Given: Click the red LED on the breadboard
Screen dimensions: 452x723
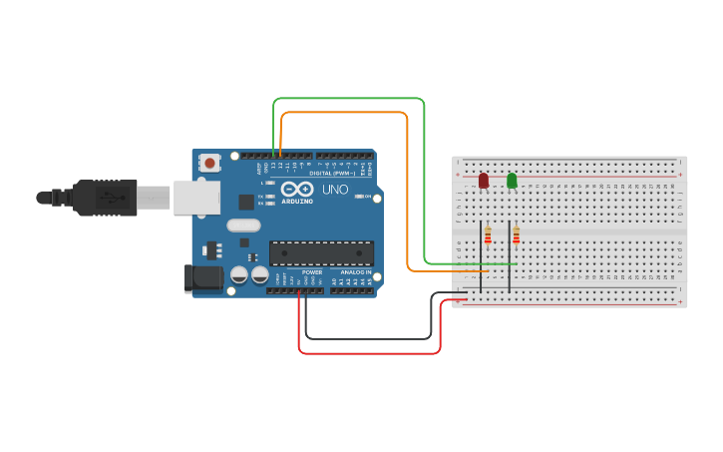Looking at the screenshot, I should pos(484,181).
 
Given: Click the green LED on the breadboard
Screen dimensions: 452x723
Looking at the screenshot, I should pos(512,181).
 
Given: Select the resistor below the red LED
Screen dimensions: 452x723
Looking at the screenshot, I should pos(488,235).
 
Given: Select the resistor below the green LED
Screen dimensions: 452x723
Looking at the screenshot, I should pos(516,235).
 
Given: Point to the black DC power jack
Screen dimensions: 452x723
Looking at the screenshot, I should pos(202,278).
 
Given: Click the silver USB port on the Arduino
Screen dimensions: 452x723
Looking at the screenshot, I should pos(195,198).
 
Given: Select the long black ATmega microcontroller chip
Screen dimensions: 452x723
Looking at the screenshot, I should pos(321,253).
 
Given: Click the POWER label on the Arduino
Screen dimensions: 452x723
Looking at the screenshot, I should pos(312,271).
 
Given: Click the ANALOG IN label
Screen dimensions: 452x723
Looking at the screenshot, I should pos(355,271).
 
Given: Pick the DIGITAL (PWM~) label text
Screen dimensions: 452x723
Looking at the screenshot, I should pos(332,173).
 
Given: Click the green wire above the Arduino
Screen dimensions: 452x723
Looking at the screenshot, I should pos(349,99).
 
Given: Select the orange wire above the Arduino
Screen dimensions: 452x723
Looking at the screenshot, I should pos(344,113).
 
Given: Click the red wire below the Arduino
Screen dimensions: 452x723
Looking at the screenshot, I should pos(369,352).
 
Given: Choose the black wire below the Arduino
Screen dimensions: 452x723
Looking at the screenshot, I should pos(369,338).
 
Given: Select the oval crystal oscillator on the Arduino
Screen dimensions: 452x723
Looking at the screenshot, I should pos(243,226).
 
